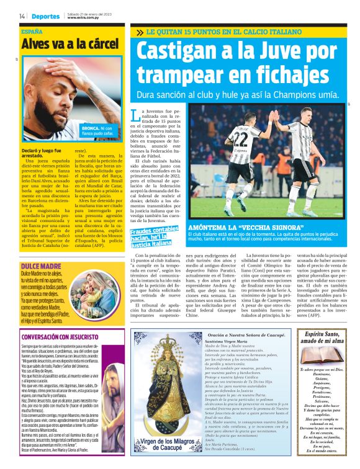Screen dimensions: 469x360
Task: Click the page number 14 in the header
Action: point(22,16)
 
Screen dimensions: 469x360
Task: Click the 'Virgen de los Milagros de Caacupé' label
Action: point(164,445)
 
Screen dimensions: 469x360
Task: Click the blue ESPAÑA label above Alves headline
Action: point(32,31)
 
